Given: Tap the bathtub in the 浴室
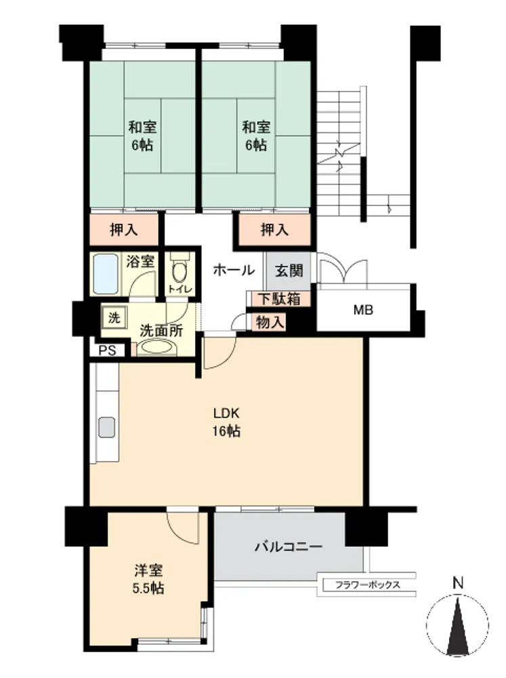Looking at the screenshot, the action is pos(106,274).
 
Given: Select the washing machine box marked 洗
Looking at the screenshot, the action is pos(114,318).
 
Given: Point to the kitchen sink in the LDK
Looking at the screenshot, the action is pos(106,427).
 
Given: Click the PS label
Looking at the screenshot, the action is pos(107,351).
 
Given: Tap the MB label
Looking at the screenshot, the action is pos(363,310).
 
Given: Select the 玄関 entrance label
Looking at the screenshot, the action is pos(289,271).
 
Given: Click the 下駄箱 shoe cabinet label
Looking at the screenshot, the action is pos(280,299).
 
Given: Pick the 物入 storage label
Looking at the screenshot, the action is pos(270,322).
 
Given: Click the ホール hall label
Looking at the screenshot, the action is pos(234,271).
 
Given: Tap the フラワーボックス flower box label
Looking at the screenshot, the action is pos(368,585).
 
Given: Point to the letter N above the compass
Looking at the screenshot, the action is pos(458,583).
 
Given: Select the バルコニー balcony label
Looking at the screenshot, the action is pos(288,547).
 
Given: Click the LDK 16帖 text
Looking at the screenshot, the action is pos(226,422).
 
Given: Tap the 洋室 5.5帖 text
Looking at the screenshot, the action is pos(148,580).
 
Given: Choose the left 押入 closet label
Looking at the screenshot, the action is pos(124,230).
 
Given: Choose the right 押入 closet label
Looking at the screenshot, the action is pos(275,230).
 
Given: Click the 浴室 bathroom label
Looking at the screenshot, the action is pos(140,261).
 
